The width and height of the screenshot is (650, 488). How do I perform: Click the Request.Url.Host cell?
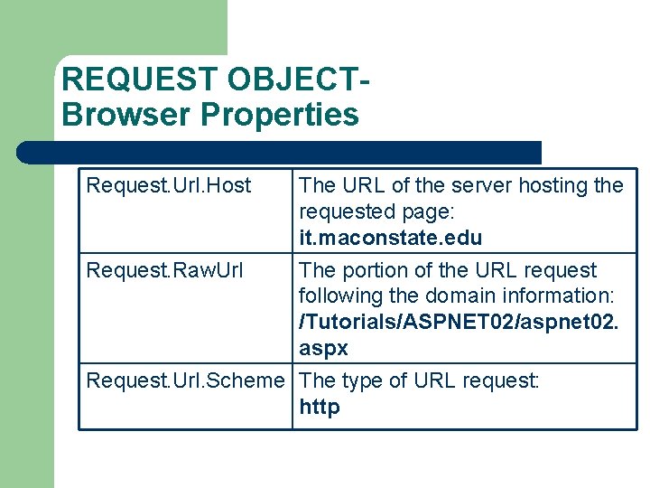pyautogui.click(x=169, y=186)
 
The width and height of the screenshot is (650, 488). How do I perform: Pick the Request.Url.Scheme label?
pyautogui.click(x=185, y=380)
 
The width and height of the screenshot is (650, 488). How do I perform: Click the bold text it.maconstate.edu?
pyautogui.click(x=391, y=239)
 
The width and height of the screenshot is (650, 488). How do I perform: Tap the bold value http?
pyautogui.click(x=320, y=408)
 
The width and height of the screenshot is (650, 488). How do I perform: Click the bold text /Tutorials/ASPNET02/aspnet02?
pyautogui.click(x=459, y=323)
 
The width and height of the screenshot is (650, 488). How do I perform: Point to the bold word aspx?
pyautogui.click(x=323, y=349)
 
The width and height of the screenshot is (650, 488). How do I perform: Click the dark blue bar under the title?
pyautogui.click(x=280, y=152)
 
